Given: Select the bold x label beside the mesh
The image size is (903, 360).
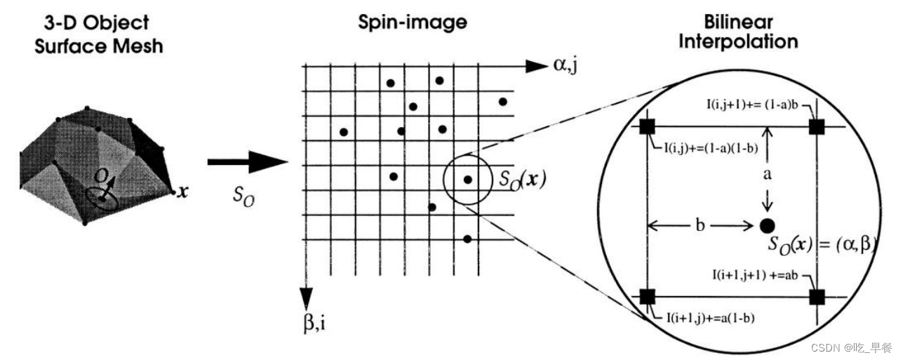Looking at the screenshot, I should pyautogui.click(x=183, y=191).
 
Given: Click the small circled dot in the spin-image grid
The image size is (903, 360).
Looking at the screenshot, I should pyautogui.click(x=468, y=180).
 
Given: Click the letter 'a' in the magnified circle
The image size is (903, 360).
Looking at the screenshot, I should pyautogui.click(x=768, y=174).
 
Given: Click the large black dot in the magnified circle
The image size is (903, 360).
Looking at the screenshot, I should pyautogui.click(x=768, y=225).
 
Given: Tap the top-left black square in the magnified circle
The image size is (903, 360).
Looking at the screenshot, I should pyautogui.click(x=648, y=127).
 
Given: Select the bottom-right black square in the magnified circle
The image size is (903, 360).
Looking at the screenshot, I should pyautogui.click(x=816, y=296).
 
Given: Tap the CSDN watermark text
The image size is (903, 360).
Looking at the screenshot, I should pyautogui.click(x=850, y=347).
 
